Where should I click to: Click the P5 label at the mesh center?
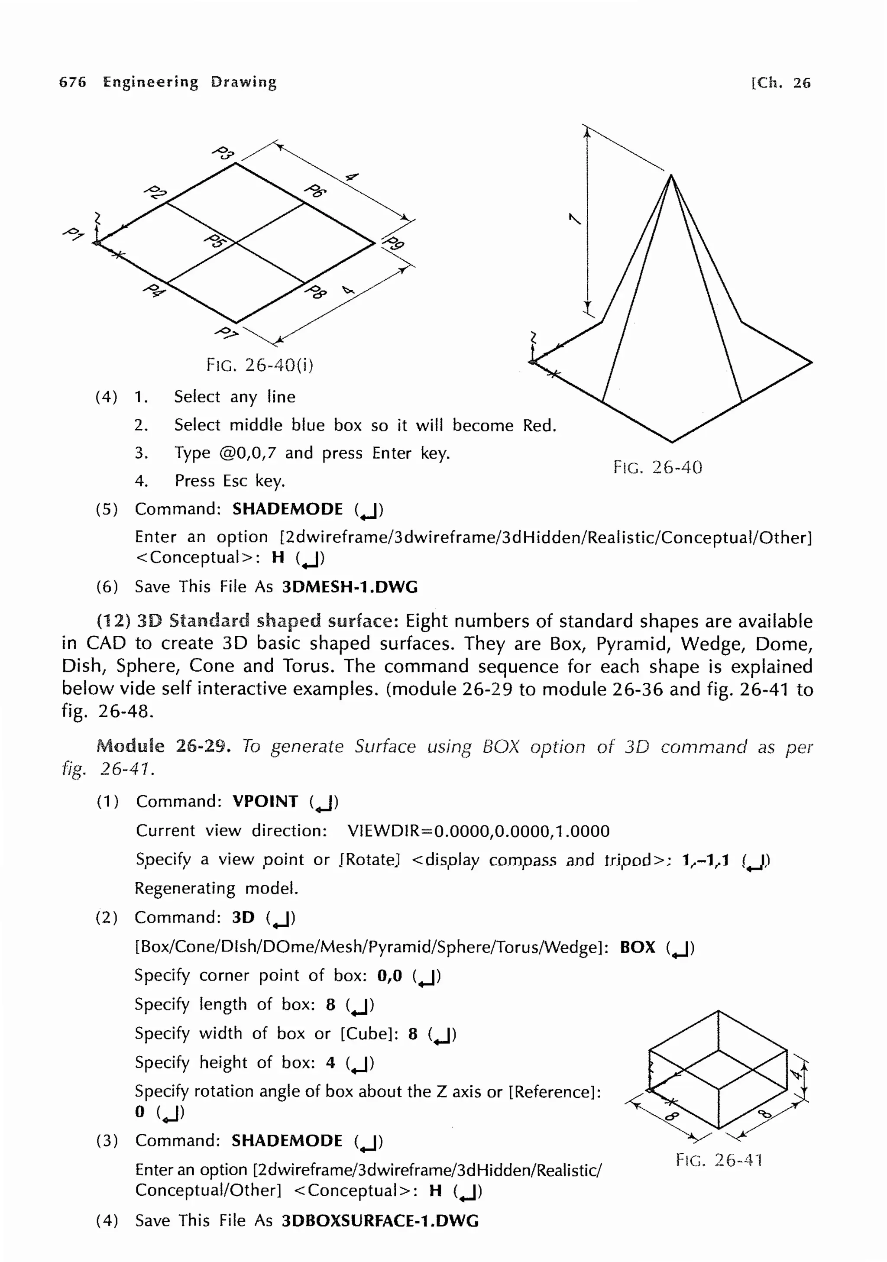click(x=214, y=241)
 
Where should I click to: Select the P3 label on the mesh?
click(x=223, y=153)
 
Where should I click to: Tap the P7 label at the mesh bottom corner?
click(x=226, y=333)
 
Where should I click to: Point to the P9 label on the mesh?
click(x=394, y=243)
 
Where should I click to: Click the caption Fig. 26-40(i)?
click(x=259, y=364)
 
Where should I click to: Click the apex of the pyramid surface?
click(x=671, y=175)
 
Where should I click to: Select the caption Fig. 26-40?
click(x=657, y=467)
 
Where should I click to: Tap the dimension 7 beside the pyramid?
click(x=574, y=219)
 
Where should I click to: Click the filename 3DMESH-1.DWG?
click(x=350, y=587)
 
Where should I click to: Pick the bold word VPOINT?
click(x=265, y=801)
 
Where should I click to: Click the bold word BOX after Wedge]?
click(x=638, y=947)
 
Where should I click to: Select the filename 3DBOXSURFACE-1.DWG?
click(x=380, y=1221)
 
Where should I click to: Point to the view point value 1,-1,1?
click(x=705, y=860)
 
